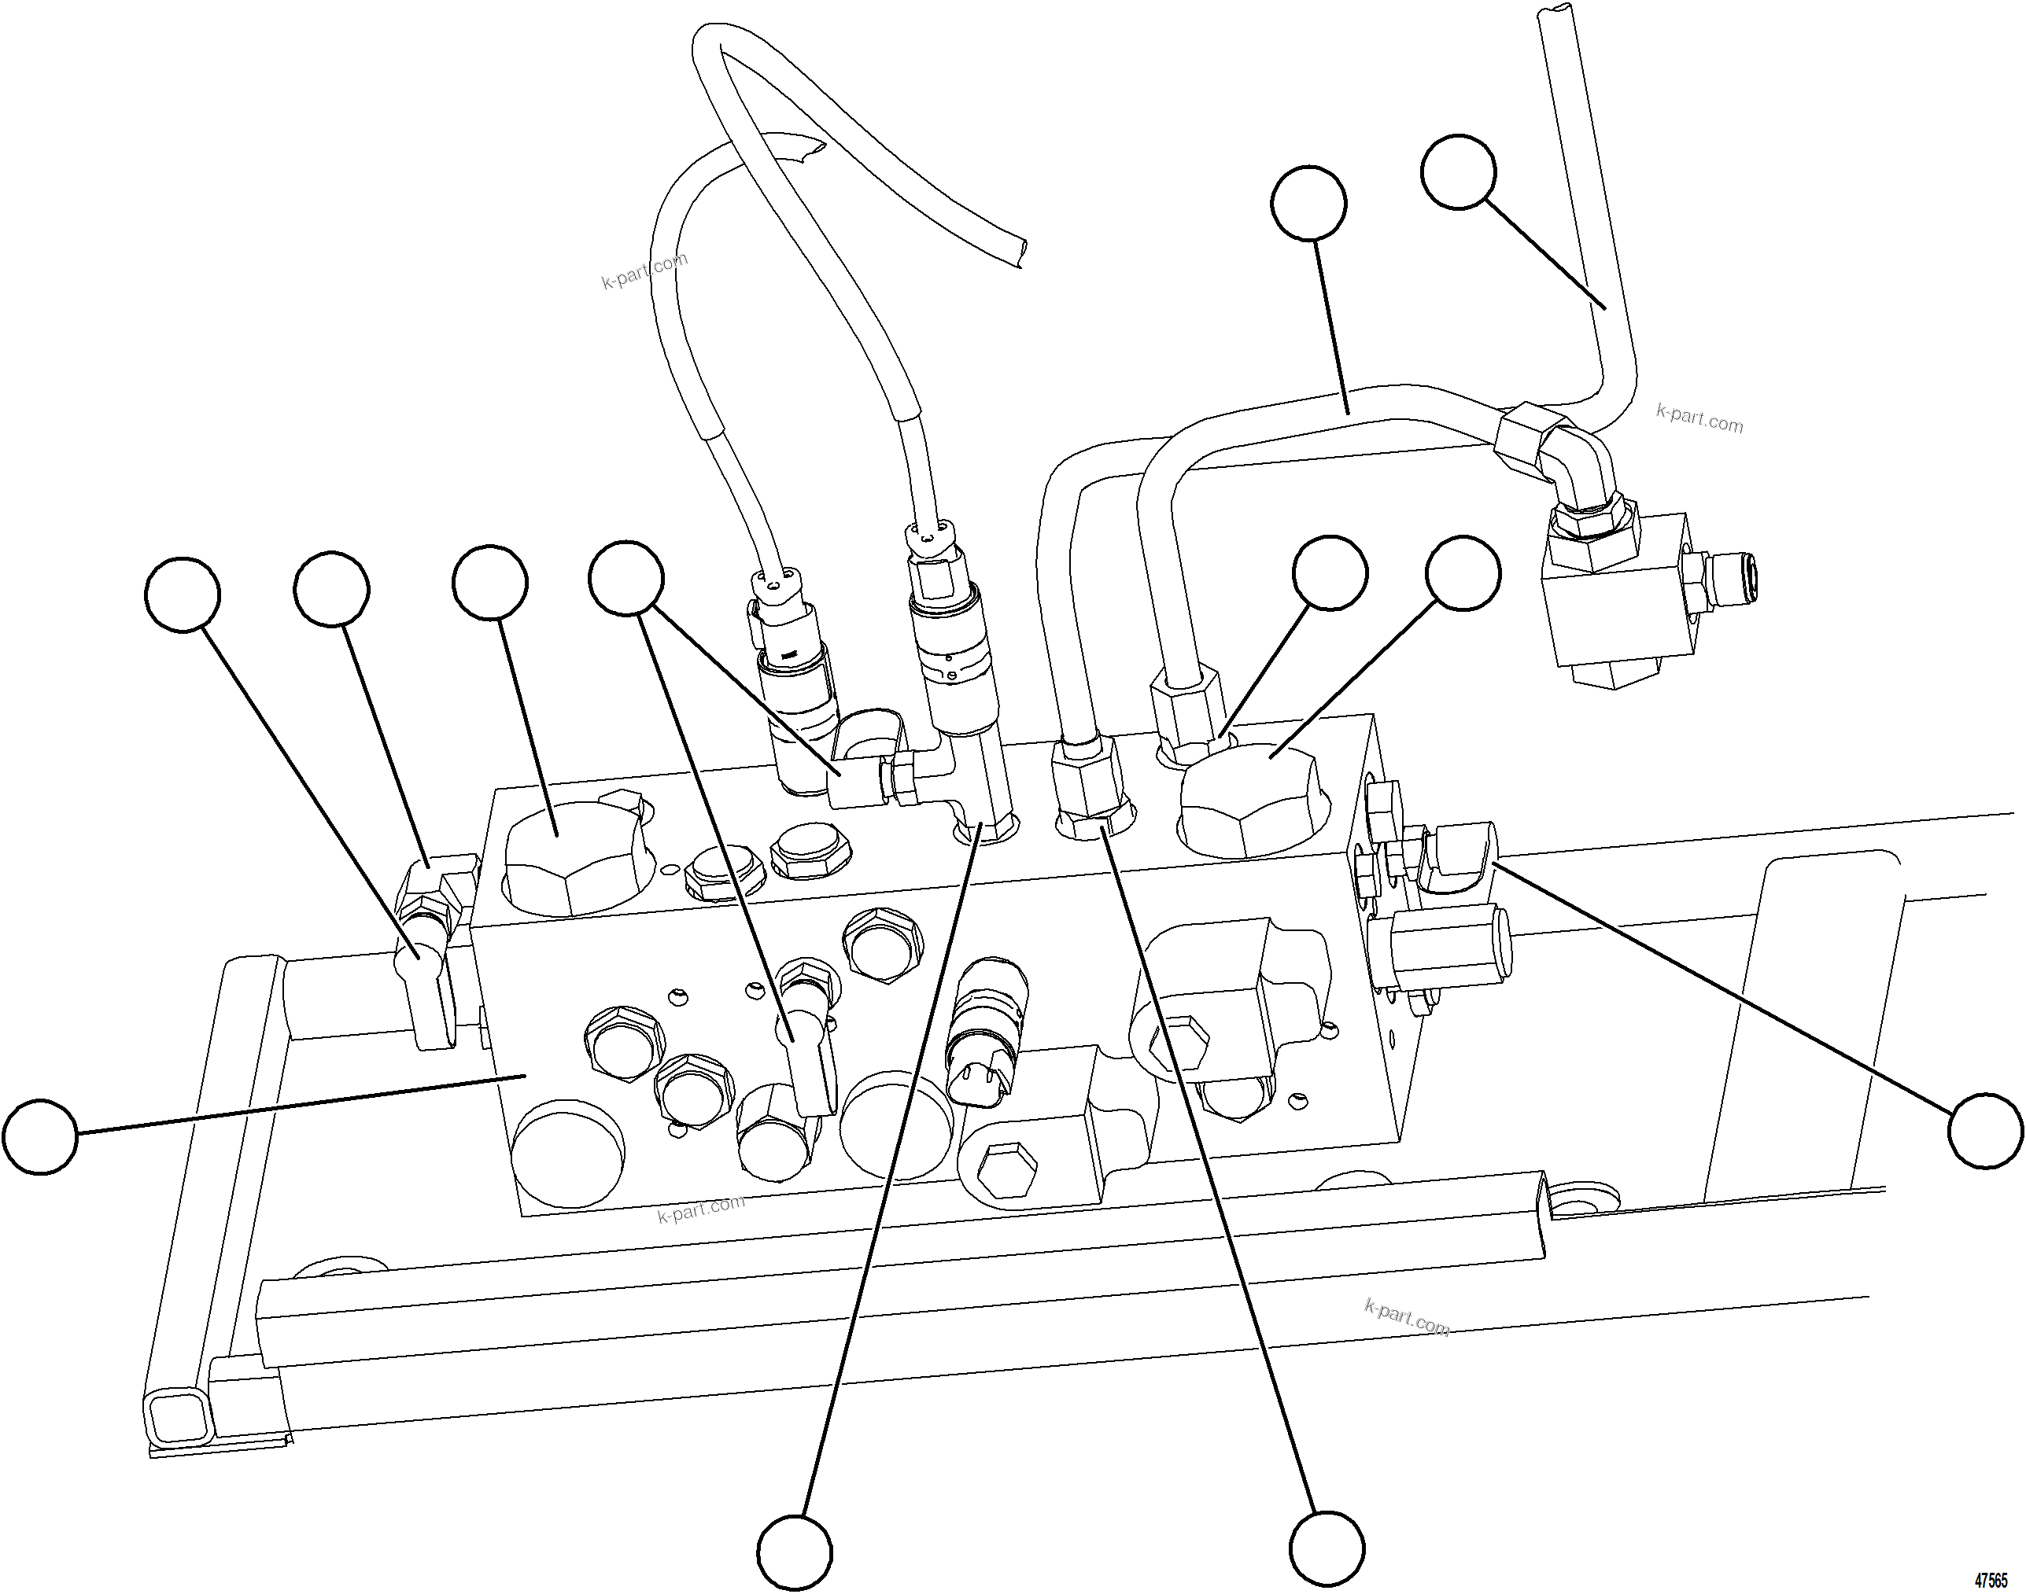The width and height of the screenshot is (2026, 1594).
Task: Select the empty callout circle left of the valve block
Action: point(40,1136)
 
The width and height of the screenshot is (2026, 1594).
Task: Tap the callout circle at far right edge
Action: point(1986,1131)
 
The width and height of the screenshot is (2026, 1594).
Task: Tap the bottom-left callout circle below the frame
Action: point(794,1554)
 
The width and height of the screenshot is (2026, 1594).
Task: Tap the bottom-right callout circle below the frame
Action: point(1326,1552)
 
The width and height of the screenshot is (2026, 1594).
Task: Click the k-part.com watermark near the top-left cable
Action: point(644,270)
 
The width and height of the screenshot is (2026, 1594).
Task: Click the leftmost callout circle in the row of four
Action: point(183,595)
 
